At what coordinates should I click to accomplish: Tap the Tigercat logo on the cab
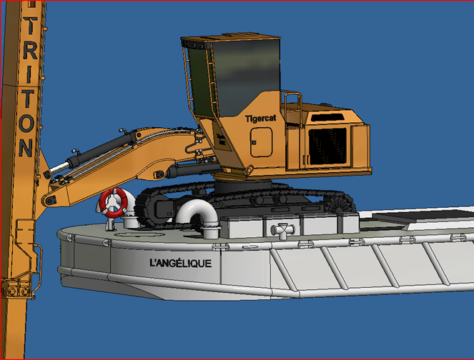pyautogui.click(x=260, y=119)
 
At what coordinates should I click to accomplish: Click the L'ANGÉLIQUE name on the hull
pyautogui.click(x=181, y=263)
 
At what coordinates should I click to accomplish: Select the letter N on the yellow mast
pyautogui.click(x=26, y=148)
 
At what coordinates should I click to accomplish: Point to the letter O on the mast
pyautogui.click(x=26, y=123)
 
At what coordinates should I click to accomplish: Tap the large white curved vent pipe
pyautogui.click(x=198, y=215)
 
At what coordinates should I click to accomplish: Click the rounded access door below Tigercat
pyautogui.click(x=262, y=142)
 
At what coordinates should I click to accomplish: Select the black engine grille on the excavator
pyautogui.click(x=327, y=146)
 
